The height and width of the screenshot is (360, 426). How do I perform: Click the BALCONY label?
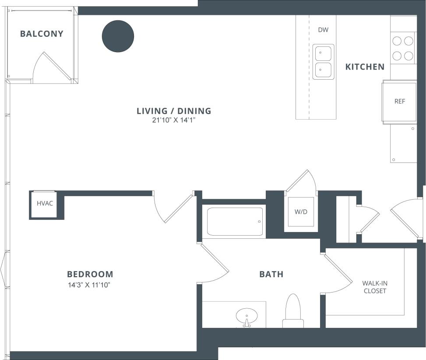pyautogui.click(x=42, y=34)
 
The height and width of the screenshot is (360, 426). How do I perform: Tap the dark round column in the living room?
pyautogui.click(x=118, y=36)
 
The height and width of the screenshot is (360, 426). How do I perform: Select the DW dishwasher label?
pyautogui.click(x=323, y=30)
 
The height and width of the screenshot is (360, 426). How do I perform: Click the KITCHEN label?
pyautogui.click(x=365, y=67)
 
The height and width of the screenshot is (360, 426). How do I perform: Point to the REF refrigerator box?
pyautogui.click(x=399, y=102)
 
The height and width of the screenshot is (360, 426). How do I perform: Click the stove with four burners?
pyautogui.click(x=403, y=48)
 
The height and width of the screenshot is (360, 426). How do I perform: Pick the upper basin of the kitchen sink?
pyautogui.click(x=324, y=53)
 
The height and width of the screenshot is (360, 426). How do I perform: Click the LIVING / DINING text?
pyautogui.click(x=174, y=111)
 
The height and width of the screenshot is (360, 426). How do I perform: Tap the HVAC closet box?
pyautogui.click(x=45, y=204)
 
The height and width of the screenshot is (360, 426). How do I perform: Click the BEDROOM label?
pyautogui.click(x=90, y=275)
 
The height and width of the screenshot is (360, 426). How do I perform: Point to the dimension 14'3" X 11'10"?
pyautogui.click(x=88, y=285)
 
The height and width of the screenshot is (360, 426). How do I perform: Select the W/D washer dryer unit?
pyautogui.click(x=300, y=212)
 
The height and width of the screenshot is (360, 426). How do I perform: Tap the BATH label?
pyautogui.click(x=271, y=275)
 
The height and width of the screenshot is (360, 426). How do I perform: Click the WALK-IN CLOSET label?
pyautogui.click(x=374, y=287)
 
